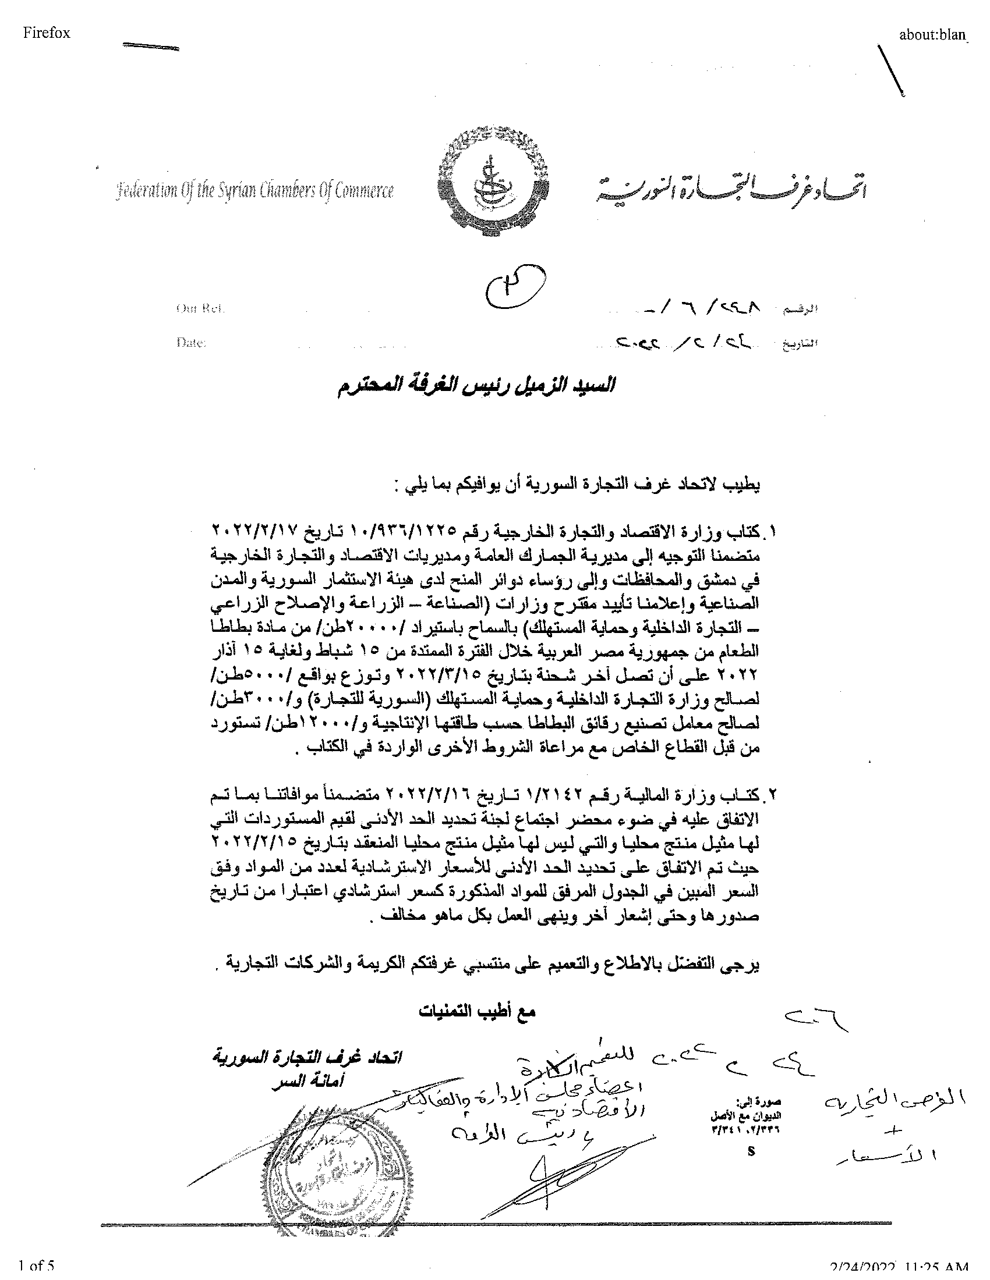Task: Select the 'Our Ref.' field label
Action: tap(200, 309)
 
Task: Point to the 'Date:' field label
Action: tap(190, 343)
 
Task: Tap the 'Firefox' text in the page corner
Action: tap(47, 33)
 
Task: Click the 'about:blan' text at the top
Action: tap(933, 34)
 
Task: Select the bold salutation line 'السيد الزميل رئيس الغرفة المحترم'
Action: tap(475, 386)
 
